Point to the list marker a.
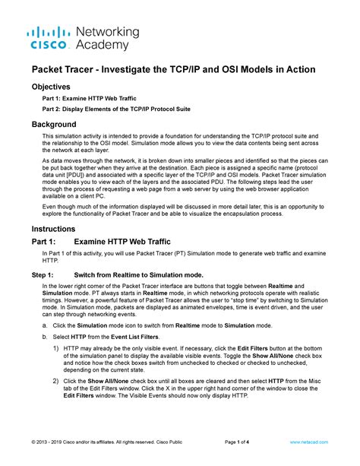[44, 325]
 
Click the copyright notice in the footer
[108, 442]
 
